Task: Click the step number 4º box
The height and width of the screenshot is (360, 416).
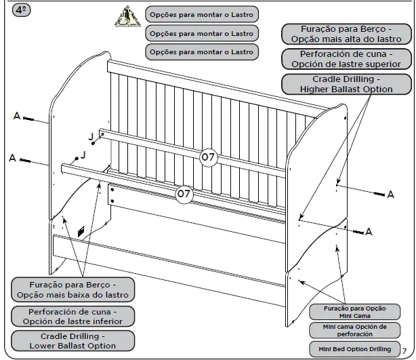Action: [21, 11]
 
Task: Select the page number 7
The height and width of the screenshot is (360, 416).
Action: [404, 350]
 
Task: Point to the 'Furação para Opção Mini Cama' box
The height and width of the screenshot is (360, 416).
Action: [350, 312]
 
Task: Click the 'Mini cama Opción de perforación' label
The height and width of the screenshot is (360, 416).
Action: [350, 330]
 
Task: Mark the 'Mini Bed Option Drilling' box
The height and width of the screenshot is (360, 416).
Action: [350, 349]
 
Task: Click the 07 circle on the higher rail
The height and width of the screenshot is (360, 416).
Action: [208, 157]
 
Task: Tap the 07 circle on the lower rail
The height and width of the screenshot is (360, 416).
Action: [184, 194]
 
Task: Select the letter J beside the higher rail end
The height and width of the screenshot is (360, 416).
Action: [91, 136]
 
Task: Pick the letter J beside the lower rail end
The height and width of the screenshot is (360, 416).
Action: [83, 155]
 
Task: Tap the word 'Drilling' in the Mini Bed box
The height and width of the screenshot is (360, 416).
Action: [377, 349]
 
